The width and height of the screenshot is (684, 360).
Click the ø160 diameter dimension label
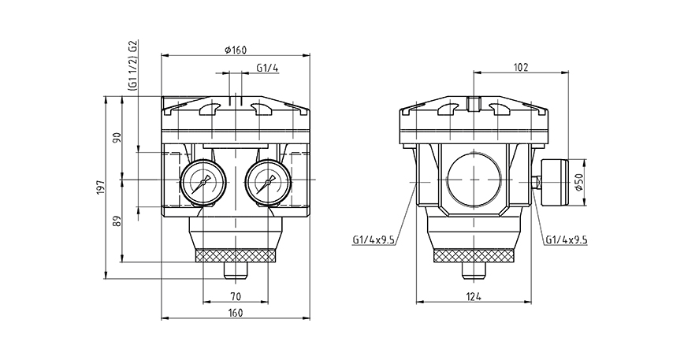pos(236,50)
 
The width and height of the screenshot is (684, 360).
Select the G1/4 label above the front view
pos(267,69)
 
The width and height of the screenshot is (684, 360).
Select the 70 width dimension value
pos(236,296)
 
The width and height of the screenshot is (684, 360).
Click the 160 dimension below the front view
pos(236,313)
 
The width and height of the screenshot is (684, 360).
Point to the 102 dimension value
pos(520,68)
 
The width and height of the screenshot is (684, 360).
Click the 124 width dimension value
pos(473,296)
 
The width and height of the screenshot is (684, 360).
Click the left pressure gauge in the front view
pos(201,181)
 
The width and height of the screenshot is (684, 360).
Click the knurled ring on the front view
pos(236,255)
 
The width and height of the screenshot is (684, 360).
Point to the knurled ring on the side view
pos(473,255)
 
